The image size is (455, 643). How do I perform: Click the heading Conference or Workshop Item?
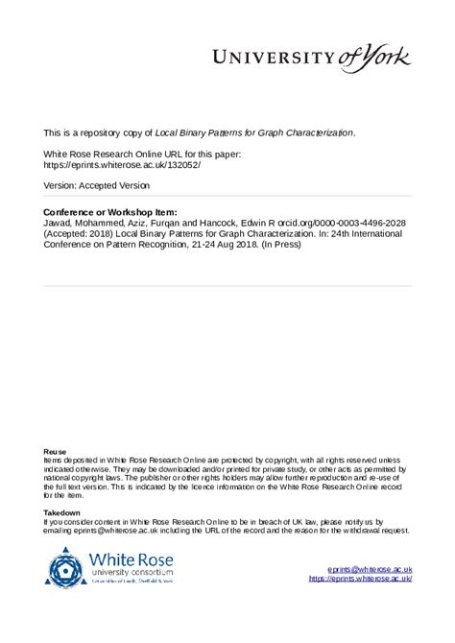[110, 211]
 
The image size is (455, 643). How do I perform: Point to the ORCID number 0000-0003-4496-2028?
[355, 222]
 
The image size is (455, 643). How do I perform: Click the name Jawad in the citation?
[59, 222]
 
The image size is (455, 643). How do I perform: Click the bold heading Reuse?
[56, 451]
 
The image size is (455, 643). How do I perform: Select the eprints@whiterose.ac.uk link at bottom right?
[370, 570]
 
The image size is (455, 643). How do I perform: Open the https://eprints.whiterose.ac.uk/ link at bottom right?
[361, 580]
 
